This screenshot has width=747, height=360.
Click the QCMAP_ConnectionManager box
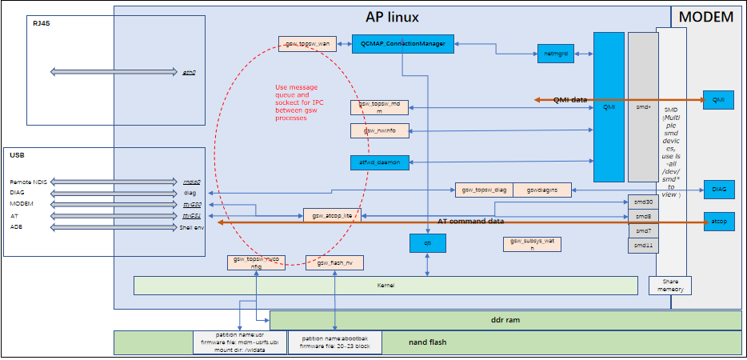[403, 43]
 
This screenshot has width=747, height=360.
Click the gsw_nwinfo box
[380, 130]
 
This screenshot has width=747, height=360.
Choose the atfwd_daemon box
[380, 162]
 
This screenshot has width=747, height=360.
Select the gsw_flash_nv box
[330, 262]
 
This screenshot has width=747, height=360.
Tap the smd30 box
[643, 202]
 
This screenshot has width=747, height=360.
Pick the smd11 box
[643, 246]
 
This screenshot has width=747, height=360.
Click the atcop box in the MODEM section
[718, 220]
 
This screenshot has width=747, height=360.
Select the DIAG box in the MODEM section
[718, 190]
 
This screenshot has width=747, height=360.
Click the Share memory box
[669, 286]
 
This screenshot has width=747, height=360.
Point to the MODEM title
[705, 17]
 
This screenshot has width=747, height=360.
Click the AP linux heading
[392, 17]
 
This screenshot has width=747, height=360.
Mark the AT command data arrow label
[470, 221]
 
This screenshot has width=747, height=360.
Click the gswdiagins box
[541, 190]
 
